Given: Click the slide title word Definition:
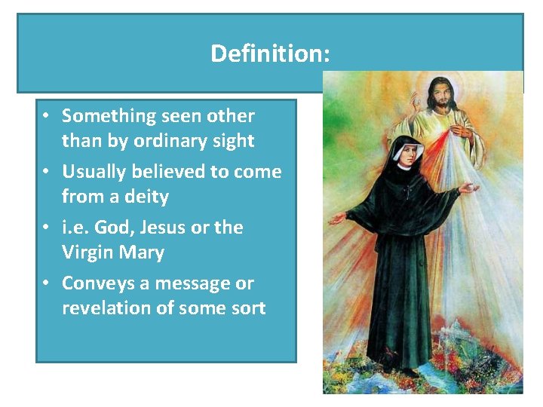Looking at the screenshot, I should [270, 54].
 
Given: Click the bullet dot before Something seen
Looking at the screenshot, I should [47, 117].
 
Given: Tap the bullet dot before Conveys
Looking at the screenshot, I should [47, 284].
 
